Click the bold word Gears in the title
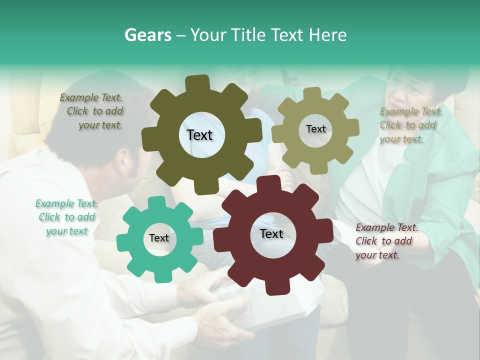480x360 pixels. pyautogui.click(x=147, y=35)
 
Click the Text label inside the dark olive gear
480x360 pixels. pyautogui.click(x=199, y=135)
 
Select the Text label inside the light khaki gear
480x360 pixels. pyautogui.click(x=315, y=129)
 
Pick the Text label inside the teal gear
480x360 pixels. pyautogui.click(x=159, y=238)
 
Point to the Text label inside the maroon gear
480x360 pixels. pyautogui.click(x=271, y=234)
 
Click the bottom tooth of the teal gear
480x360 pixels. pyautogui.click(x=159, y=277)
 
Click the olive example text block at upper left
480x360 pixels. pyautogui.click(x=93, y=111)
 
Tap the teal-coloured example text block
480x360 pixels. pyautogui.click(x=66, y=217)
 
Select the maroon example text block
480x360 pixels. pyautogui.click(x=385, y=241)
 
